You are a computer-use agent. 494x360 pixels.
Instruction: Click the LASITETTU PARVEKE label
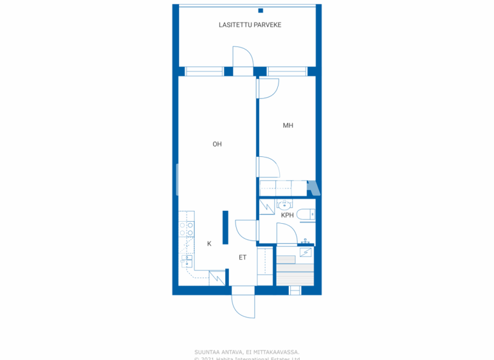pos(250,25)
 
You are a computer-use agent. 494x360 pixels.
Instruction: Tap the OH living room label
pos(217,145)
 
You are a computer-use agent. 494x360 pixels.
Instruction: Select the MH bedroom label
pos(288,125)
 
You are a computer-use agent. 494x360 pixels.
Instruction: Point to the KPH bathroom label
pos(287,215)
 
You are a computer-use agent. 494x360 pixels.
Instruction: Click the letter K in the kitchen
pos(209,244)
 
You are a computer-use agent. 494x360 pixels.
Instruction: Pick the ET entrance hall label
pos(243,258)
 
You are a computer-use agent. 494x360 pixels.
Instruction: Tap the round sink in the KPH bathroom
pos(283,206)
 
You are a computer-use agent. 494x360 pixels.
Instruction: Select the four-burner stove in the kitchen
pos(187,230)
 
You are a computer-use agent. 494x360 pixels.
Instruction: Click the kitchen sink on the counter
pos(186,260)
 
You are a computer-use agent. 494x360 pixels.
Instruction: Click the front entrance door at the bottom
pos(243,302)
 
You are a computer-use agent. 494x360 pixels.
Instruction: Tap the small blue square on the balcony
pos(261,10)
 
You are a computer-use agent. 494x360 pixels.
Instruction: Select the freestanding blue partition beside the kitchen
pos(225,227)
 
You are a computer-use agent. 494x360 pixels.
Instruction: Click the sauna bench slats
pos(295,271)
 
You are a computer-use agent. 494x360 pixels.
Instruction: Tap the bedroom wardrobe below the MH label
pos(283,188)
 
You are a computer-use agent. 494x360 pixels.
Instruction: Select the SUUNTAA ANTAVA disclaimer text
pos(247,352)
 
